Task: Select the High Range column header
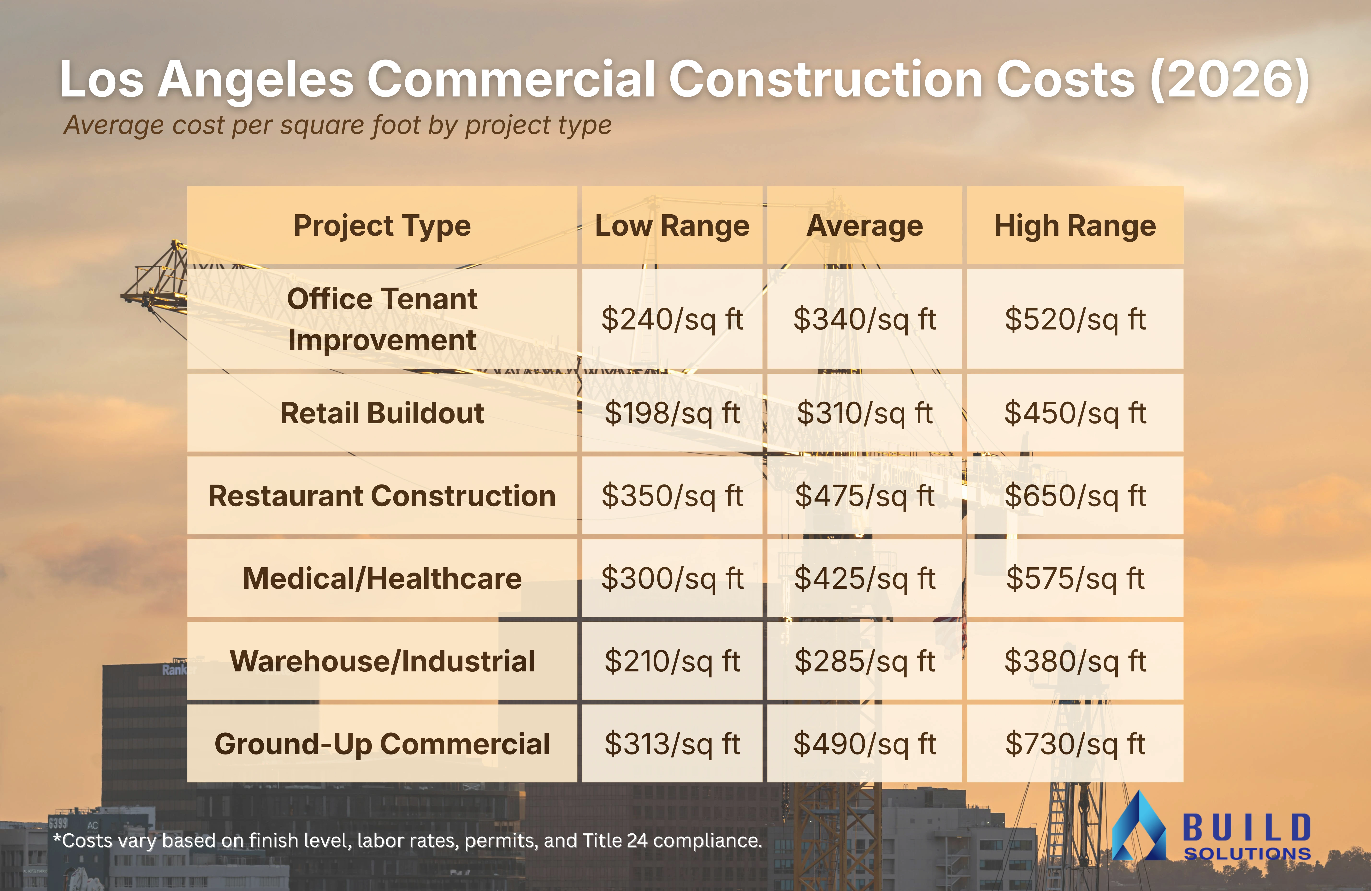(x=1075, y=225)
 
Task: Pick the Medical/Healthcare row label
(x=382, y=578)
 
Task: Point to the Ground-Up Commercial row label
(x=382, y=743)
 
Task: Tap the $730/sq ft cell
(x=1075, y=743)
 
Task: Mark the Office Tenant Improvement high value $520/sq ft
(x=1075, y=319)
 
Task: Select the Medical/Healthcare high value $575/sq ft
(x=1075, y=578)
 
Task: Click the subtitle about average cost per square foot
(x=337, y=125)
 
